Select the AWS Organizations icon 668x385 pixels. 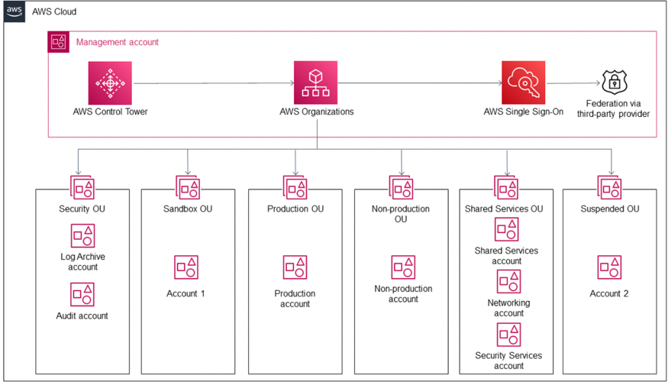316,82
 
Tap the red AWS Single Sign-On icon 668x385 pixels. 523,82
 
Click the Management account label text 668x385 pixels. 117,42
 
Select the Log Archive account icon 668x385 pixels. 82,236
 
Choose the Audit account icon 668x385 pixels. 82,294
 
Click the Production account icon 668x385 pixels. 295,267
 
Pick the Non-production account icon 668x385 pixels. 403,267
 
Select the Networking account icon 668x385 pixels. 508,281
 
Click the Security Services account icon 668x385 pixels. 508,334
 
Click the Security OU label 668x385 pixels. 82,209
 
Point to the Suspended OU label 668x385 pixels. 610,209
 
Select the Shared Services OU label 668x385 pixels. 508,209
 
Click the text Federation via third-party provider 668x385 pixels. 616,109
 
